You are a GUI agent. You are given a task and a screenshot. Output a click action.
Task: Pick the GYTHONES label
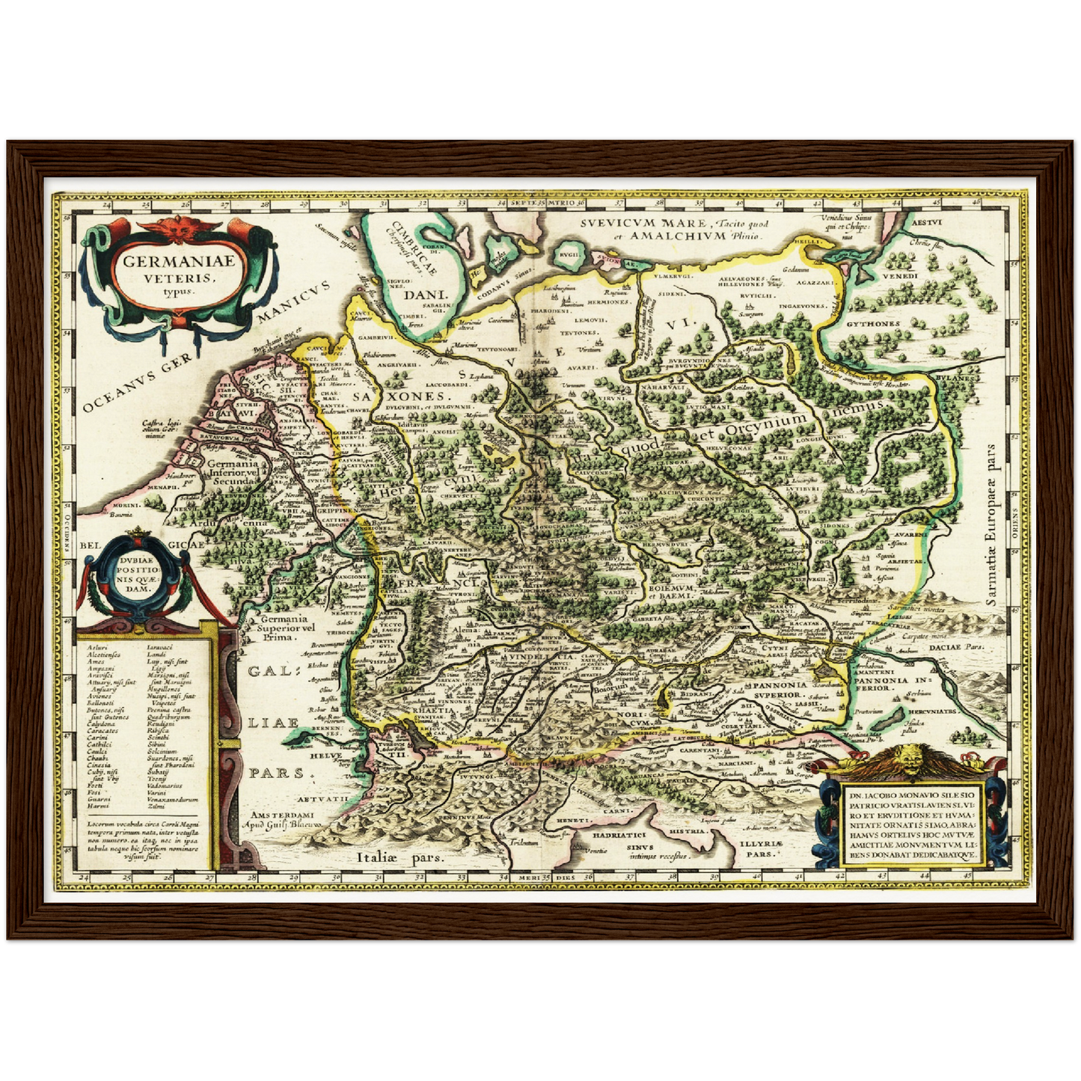pyautogui.click(x=873, y=324)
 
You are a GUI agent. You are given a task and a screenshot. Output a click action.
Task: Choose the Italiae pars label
pyautogui.click(x=400, y=857)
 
